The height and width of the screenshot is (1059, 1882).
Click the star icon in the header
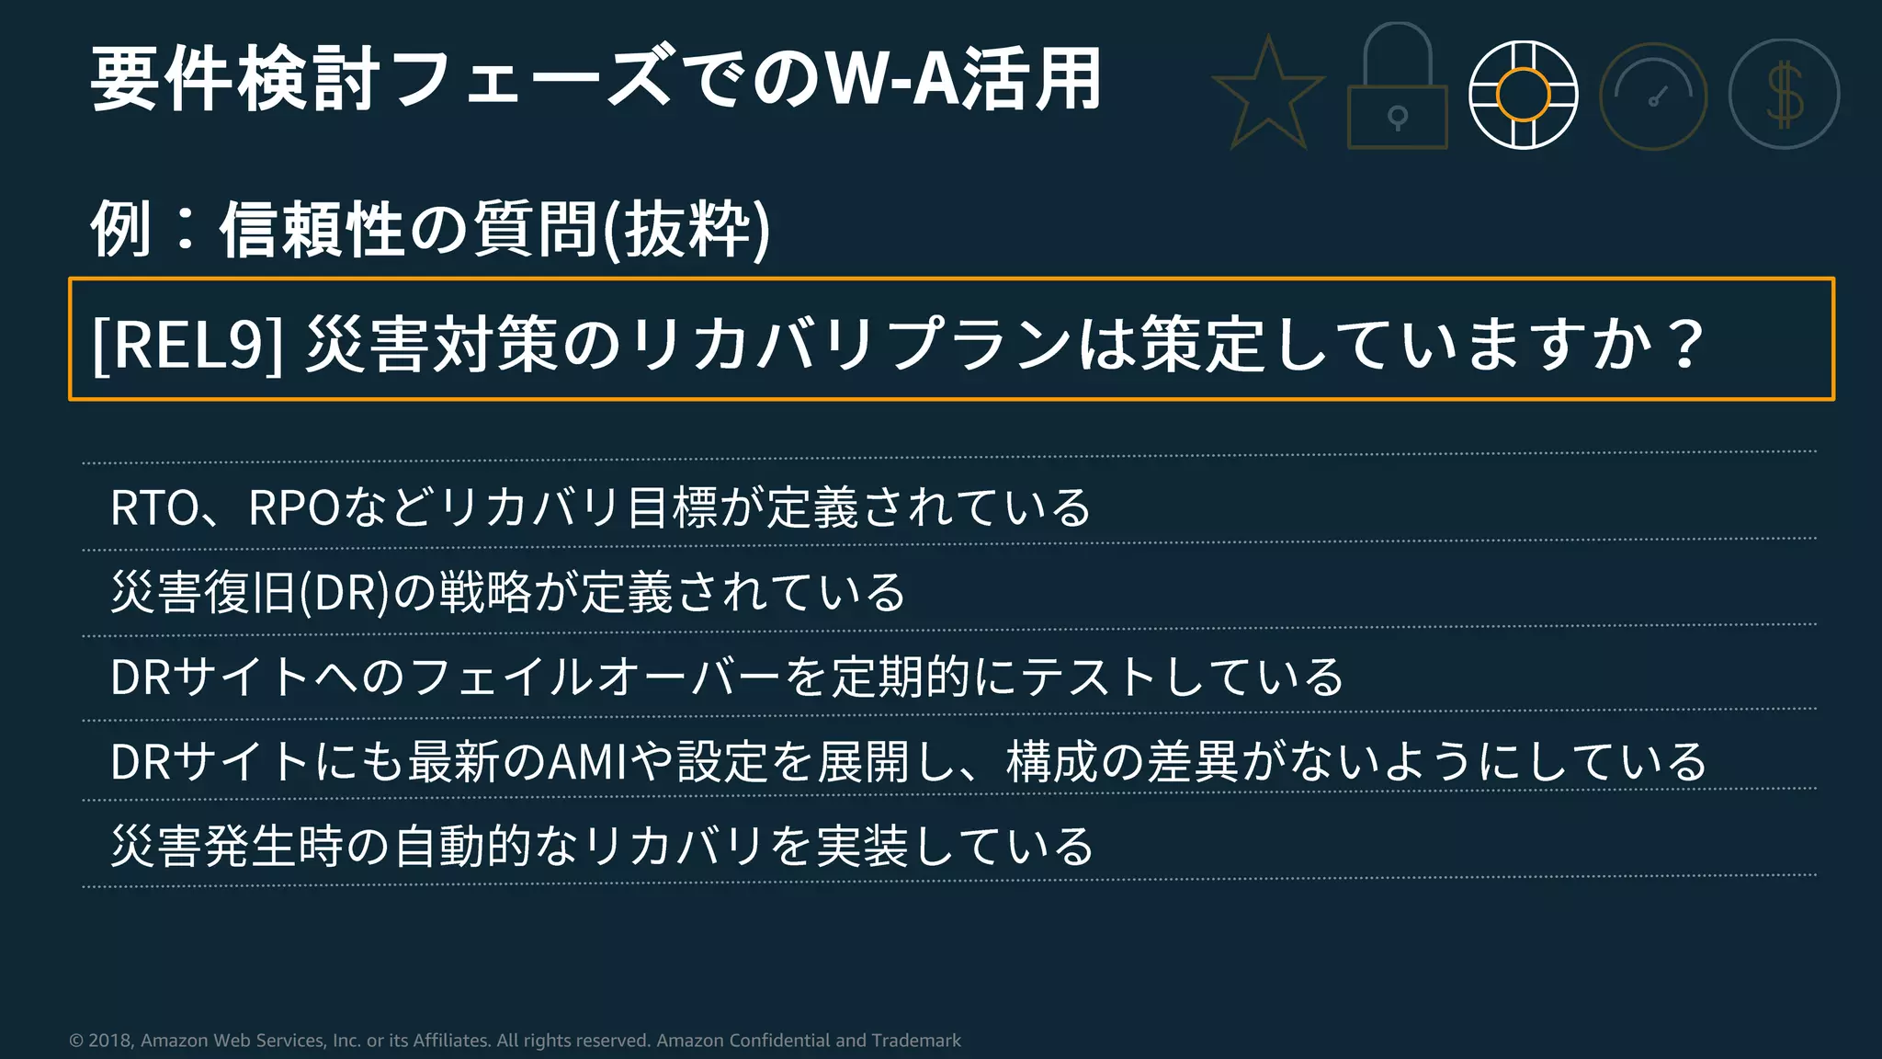[1268, 96]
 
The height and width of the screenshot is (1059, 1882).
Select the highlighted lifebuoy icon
[1523, 95]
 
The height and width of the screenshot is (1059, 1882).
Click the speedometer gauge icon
[1653, 96]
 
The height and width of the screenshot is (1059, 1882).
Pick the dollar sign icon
[1784, 95]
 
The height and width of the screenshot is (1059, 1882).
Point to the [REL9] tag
[187, 344]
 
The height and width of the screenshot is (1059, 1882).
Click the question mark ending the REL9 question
[1686, 344]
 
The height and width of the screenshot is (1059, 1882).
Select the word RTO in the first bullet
[154, 507]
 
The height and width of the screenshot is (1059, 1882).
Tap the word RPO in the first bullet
[294, 507]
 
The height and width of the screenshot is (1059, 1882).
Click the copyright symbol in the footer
[76, 1041]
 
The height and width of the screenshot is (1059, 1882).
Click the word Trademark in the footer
[915, 1041]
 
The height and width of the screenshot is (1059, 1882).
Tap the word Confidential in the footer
[779, 1041]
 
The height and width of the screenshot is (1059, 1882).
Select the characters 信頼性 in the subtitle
[312, 230]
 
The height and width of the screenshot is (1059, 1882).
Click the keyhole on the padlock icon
[1397, 118]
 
